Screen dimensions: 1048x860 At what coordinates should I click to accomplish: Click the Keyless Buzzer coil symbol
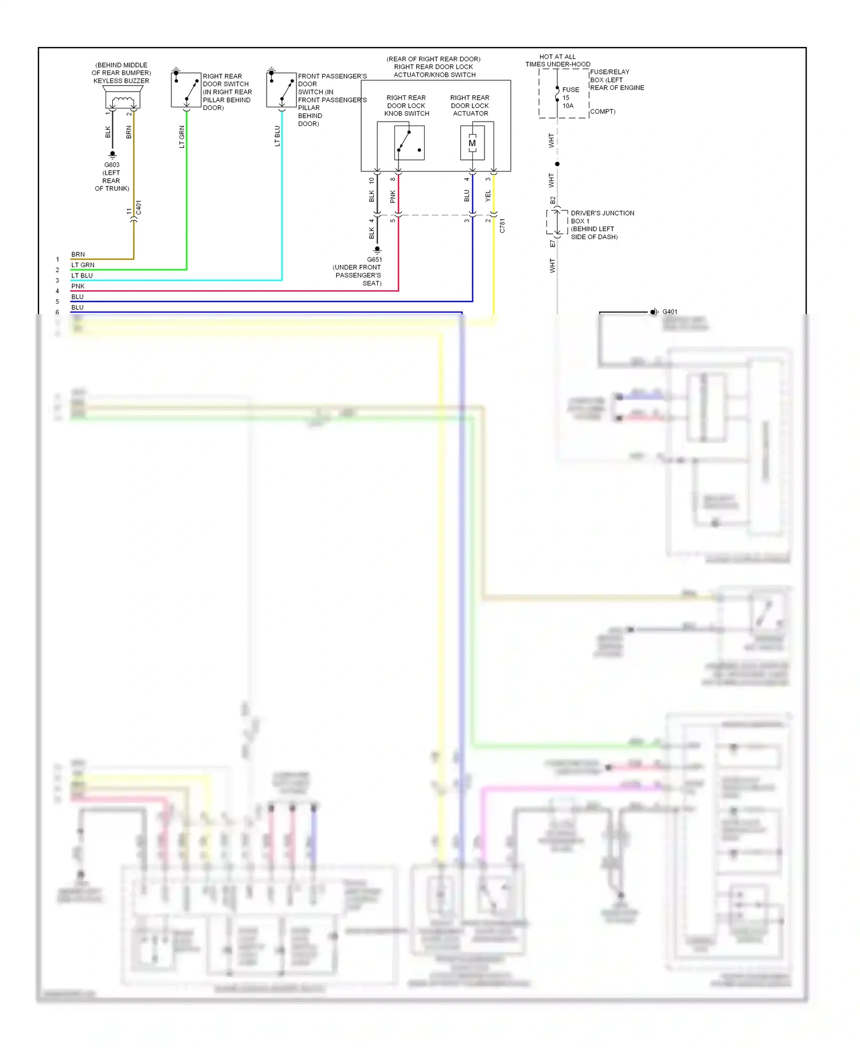click(x=122, y=102)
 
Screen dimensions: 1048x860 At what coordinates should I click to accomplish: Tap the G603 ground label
click(x=112, y=165)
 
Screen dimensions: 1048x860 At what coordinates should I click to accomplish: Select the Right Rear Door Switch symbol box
click(x=186, y=89)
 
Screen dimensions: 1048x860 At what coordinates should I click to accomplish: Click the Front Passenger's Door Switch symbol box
click(x=281, y=89)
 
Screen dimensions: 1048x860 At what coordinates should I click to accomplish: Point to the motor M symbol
click(x=472, y=143)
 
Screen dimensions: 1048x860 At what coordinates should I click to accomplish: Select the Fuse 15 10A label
click(x=569, y=97)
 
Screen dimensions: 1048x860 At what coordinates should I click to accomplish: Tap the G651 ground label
click(x=374, y=260)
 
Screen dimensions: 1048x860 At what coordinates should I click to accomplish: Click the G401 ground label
click(x=670, y=312)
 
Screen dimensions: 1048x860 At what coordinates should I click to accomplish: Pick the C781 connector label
click(x=502, y=225)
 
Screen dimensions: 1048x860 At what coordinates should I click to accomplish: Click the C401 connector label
click(x=139, y=208)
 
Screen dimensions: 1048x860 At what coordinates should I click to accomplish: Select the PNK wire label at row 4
click(x=77, y=286)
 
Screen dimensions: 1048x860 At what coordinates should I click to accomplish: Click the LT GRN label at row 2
click(x=83, y=265)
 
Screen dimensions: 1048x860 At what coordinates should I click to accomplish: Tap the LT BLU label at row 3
click(x=81, y=276)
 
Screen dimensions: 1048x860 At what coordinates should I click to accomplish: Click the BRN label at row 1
click(x=77, y=255)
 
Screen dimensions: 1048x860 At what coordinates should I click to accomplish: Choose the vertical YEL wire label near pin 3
click(x=488, y=196)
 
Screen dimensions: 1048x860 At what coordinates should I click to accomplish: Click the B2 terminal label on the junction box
click(x=553, y=200)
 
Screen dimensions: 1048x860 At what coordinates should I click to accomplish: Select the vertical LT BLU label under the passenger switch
click(x=277, y=136)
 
